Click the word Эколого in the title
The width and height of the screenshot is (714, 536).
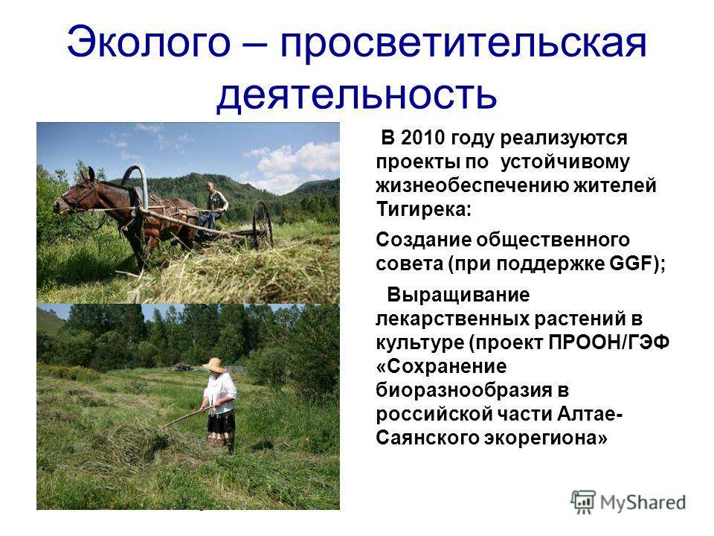click(149, 42)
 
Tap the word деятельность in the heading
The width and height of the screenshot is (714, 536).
click(356, 94)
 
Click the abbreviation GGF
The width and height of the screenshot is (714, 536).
click(630, 264)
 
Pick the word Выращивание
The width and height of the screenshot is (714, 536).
click(458, 295)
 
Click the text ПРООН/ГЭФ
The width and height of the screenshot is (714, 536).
click(609, 342)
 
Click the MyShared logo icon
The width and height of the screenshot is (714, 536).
click(583, 502)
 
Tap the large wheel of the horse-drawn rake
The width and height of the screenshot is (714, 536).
click(263, 224)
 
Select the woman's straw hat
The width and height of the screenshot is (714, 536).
click(214, 365)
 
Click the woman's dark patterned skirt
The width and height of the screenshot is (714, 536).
click(221, 429)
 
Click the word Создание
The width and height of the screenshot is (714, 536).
click(423, 240)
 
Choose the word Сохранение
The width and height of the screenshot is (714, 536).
click(441, 366)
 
